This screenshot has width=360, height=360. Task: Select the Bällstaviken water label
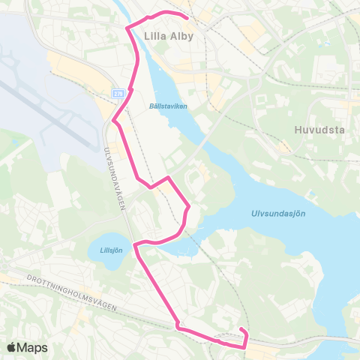(169, 106)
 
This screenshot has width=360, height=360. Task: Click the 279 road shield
(118, 94)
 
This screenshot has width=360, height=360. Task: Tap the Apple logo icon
(12, 347)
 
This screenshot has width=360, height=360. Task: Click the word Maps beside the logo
(32, 347)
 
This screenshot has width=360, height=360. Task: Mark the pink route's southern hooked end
(241, 330)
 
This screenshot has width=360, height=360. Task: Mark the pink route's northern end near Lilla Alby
(185, 16)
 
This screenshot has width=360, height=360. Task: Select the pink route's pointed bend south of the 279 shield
(113, 121)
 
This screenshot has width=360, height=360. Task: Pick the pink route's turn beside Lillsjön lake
(135, 245)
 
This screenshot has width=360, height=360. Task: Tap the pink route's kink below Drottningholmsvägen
(178, 326)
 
